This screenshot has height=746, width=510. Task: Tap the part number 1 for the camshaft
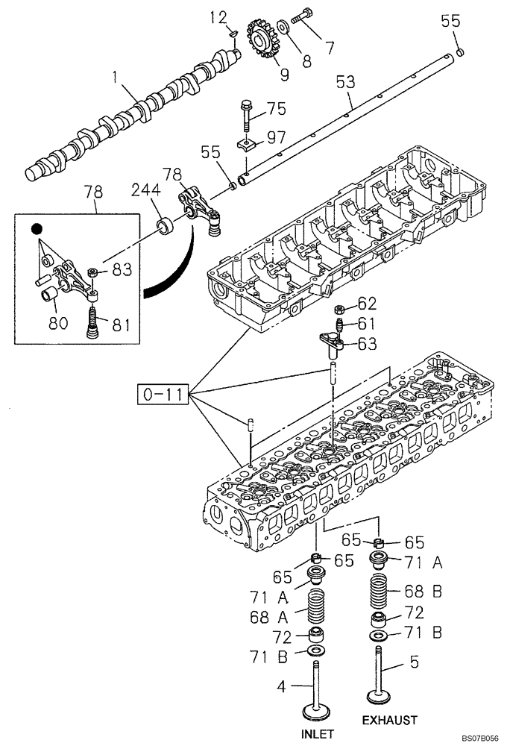pos(116,76)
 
